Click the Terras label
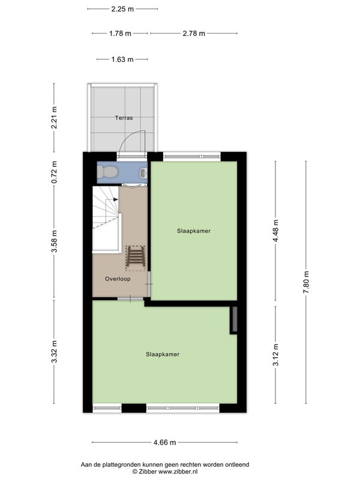point(124,118)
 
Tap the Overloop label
point(118,279)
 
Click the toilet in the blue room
point(107,172)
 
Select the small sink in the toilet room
point(143,173)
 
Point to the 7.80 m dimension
point(306,282)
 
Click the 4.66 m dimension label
point(164,442)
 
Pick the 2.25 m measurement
point(122,9)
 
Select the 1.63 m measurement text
point(122,59)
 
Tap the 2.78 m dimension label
point(194,34)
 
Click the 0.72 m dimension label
point(54,172)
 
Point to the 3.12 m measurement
point(276,355)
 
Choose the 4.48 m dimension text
point(276,231)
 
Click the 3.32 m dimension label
point(54,352)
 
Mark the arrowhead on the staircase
point(115,200)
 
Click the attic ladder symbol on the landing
point(136,258)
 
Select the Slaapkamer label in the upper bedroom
point(194,231)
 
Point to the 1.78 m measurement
point(121,34)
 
